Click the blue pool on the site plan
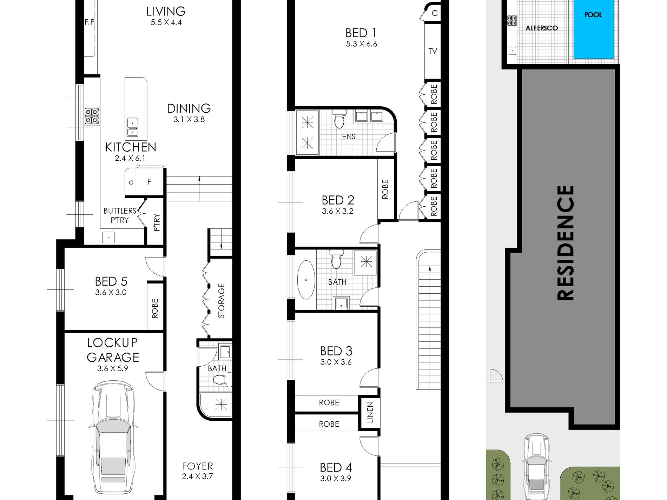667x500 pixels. [x=594, y=29]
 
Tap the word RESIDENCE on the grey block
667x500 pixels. [x=565, y=242]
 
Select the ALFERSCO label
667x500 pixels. [x=541, y=28]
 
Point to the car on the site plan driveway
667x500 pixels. [x=536, y=467]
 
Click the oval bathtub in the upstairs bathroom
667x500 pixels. [x=306, y=280]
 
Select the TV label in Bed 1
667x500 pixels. [x=432, y=51]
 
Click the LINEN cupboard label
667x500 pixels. [x=370, y=412]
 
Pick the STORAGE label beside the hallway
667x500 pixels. [x=221, y=301]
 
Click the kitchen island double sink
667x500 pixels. [x=132, y=127]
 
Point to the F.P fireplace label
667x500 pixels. [x=90, y=22]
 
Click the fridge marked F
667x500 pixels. [x=149, y=182]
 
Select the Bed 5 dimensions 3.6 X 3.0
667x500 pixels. [x=111, y=292]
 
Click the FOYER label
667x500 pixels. [x=198, y=466]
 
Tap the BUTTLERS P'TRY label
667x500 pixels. [x=120, y=215]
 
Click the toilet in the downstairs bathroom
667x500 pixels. [x=222, y=379]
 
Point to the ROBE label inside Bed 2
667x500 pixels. [x=385, y=189]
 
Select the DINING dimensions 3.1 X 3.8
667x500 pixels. [x=189, y=119]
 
